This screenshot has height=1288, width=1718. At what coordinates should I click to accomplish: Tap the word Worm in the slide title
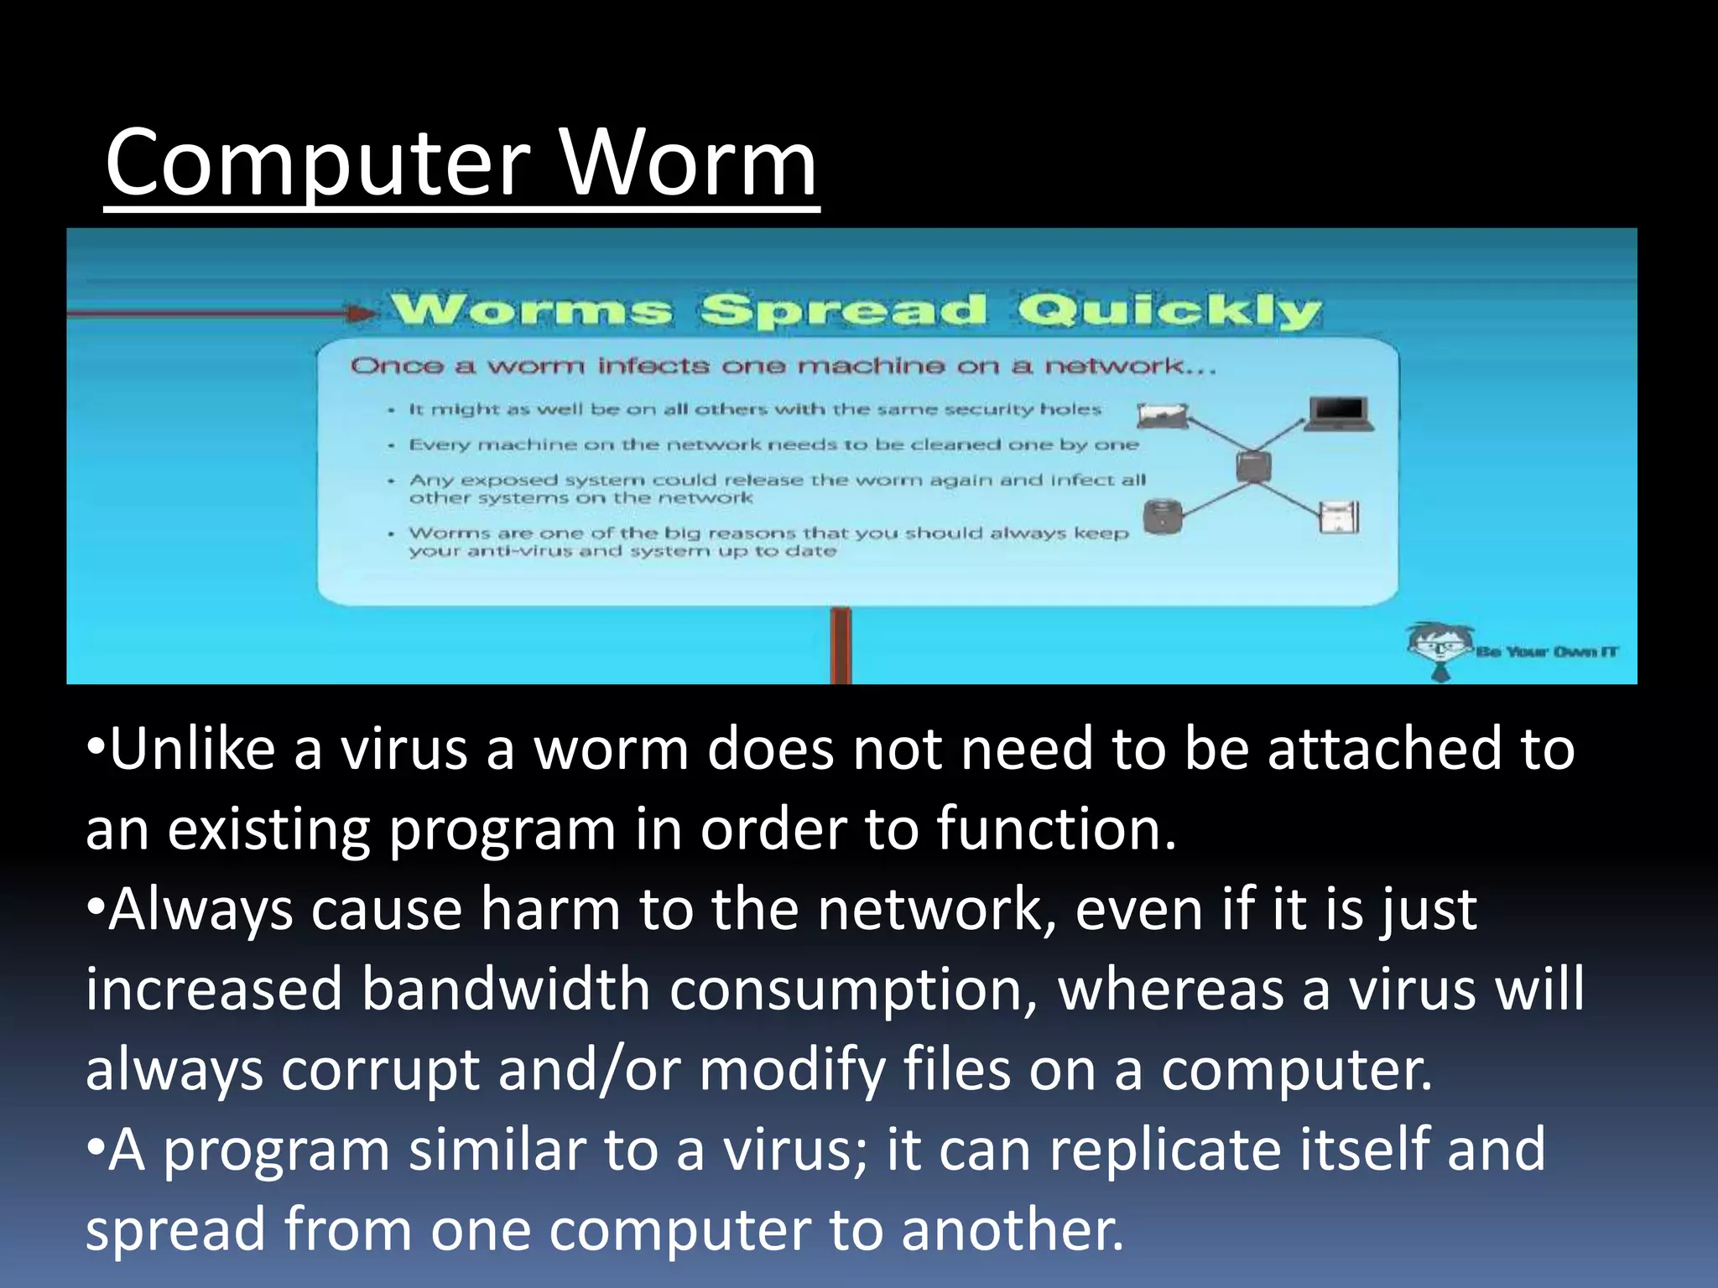688,164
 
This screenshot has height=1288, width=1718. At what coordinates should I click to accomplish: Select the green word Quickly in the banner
1169,311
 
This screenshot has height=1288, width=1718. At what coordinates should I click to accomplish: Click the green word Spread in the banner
844,311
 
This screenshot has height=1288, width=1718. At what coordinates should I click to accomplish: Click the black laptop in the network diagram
1340,413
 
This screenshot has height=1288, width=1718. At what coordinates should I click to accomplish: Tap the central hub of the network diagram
1253,466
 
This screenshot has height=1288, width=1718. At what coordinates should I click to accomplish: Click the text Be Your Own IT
1547,652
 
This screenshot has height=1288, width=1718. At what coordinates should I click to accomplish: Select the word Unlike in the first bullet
192,749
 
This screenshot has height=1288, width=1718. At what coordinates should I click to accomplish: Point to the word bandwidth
506,989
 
